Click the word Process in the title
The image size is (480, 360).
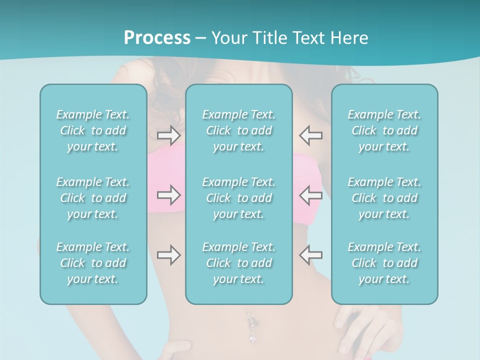coord(157,38)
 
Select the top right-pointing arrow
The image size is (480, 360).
coord(168,135)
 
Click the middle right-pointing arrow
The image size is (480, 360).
coord(168,195)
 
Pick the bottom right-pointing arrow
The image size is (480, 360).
coord(168,255)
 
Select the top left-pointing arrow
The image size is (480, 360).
coord(310,135)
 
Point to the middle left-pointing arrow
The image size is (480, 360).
coord(310,195)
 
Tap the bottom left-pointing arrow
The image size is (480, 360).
coord(310,255)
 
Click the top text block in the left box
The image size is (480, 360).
coord(93,130)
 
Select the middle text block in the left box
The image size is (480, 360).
coord(93,198)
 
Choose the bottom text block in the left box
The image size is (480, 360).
coord(93,263)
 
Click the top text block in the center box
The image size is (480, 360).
coord(239,130)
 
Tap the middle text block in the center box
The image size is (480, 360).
coord(239,198)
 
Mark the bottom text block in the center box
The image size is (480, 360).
coord(239,263)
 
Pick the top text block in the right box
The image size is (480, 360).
coord(384,130)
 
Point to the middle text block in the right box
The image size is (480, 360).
coord(384,198)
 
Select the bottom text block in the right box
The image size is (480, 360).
coord(384,263)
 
